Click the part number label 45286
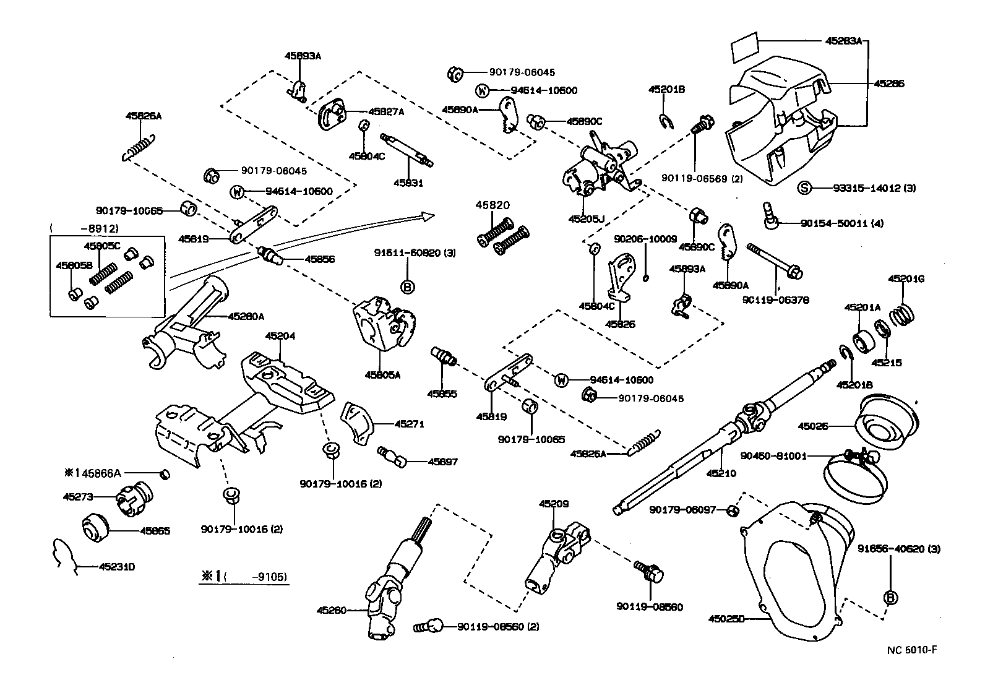coord(888,83)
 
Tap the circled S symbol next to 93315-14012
coord(803,187)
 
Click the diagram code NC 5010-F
coord(911,649)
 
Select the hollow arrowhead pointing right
coord(426,216)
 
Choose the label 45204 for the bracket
coord(280,337)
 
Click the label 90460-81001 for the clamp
coord(773,456)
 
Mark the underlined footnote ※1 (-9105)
coord(243,576)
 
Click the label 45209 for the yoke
coord(553,504)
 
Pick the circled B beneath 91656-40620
coord(891,598)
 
